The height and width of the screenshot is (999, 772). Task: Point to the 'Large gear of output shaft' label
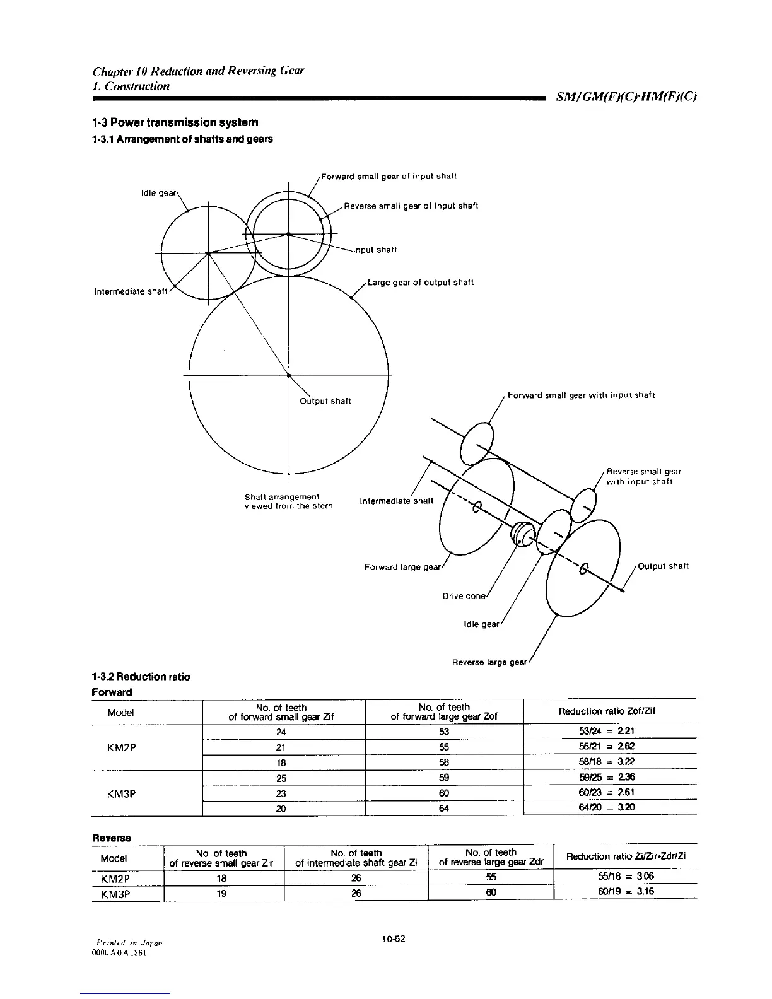coord(420,283)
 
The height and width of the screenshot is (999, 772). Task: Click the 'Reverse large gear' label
coord(489,662)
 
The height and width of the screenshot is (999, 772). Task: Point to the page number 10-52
coord(393,939)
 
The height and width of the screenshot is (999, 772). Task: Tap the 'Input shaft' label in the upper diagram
coord(375,250)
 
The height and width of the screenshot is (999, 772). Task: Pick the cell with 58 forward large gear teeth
coord(443,762)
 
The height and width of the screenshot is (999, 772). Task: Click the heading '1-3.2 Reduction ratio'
coord(141,677)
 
